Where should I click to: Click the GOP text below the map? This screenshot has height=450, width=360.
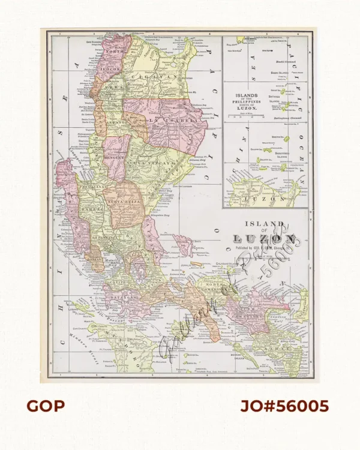click(45, 406)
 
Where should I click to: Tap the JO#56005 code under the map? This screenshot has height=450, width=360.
click(284, 406)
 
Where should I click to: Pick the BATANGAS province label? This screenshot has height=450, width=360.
click(122, 292)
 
